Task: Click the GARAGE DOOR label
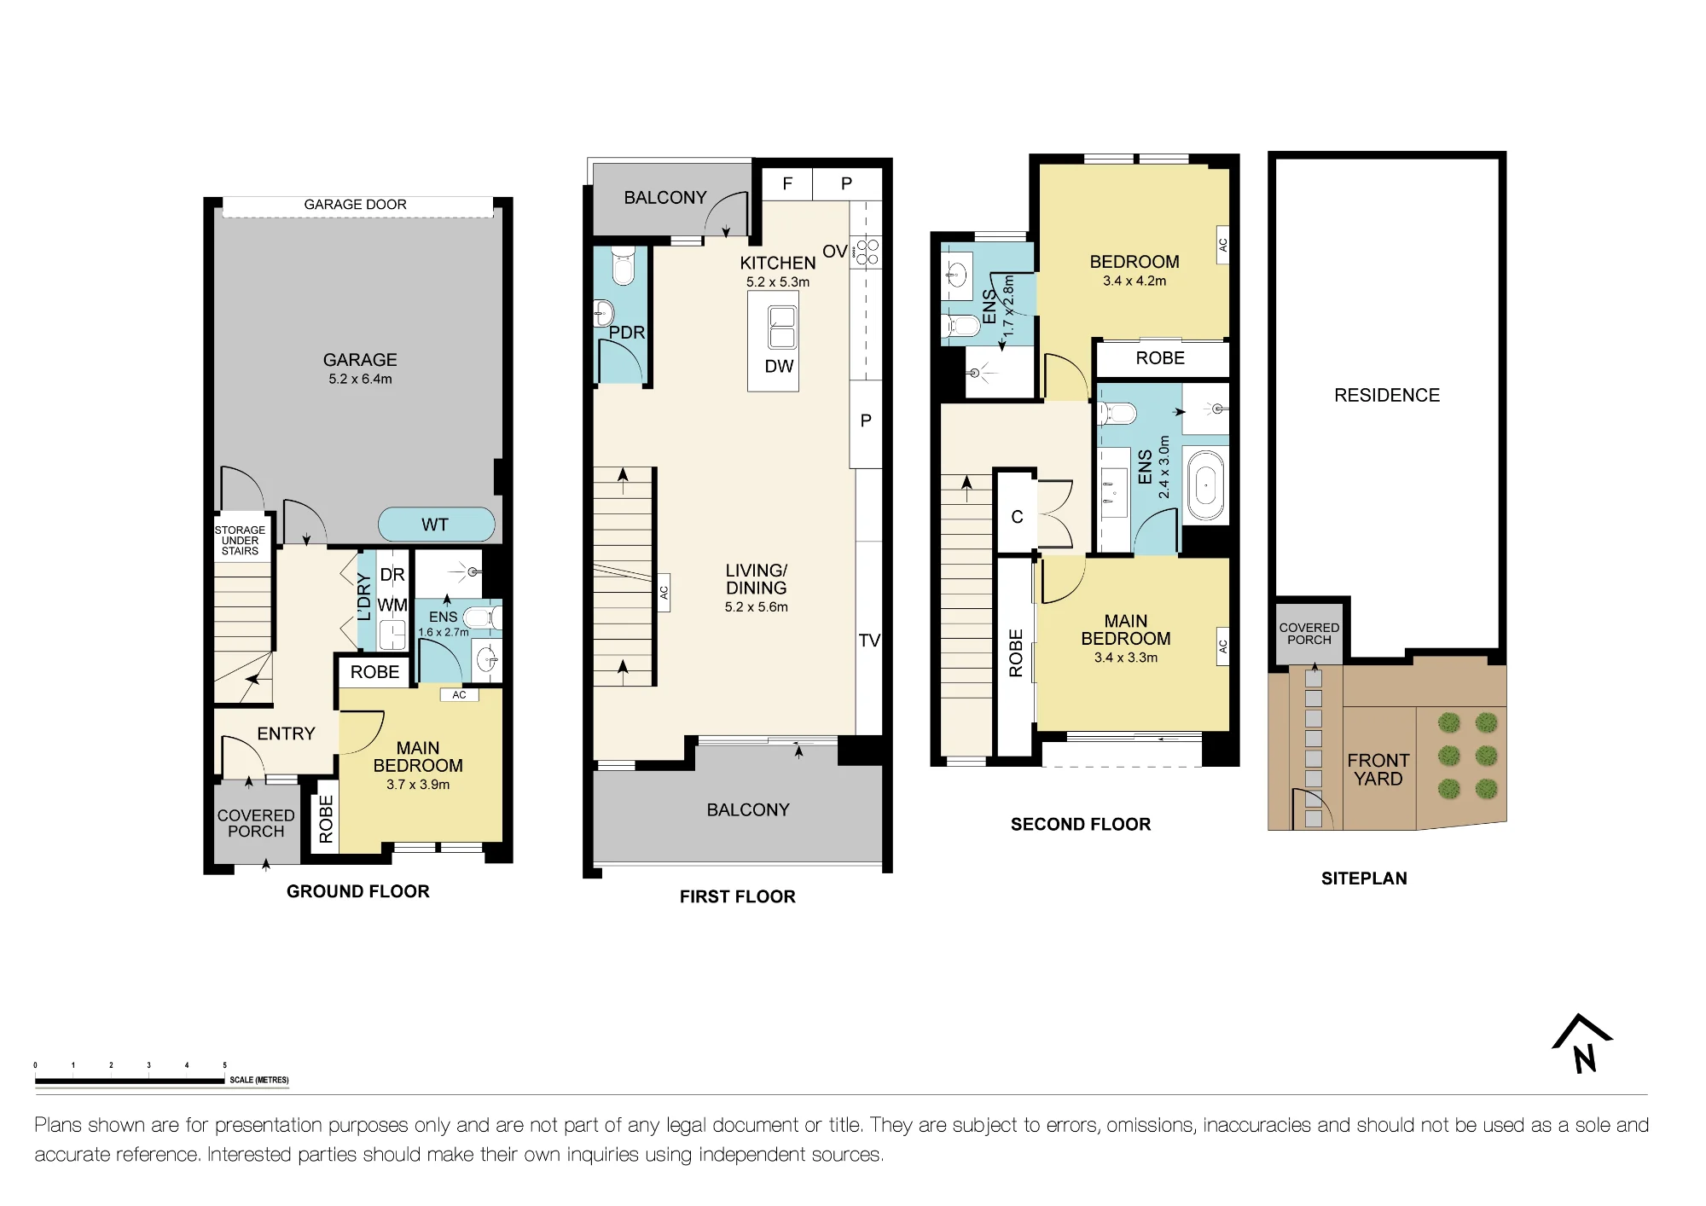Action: click(355, 205)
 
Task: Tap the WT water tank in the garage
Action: click(436, 525)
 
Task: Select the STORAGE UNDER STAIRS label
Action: click(240, 541)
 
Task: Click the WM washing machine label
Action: click(392, 605)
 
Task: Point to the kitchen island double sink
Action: click(781, 328)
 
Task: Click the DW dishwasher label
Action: click(779, 366)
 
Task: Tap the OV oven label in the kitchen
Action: click(834, 252)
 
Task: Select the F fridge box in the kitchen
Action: click(787, 183)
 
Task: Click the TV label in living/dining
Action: click(869, 641)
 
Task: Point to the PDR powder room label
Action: click(627, 333)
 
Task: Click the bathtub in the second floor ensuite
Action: click(1205, 486)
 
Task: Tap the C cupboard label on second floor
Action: click(1017, 517)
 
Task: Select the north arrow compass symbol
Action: click(1583, 1043)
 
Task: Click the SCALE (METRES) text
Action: click(259, 1080)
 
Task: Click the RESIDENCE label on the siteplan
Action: click(1387, 395)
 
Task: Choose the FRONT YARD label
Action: click(1378, 769)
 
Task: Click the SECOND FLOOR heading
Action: click(1081, 824)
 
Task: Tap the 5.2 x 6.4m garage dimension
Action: click(360, 379)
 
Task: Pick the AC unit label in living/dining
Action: click(664, 592)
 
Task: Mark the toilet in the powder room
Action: click(624, 266)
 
